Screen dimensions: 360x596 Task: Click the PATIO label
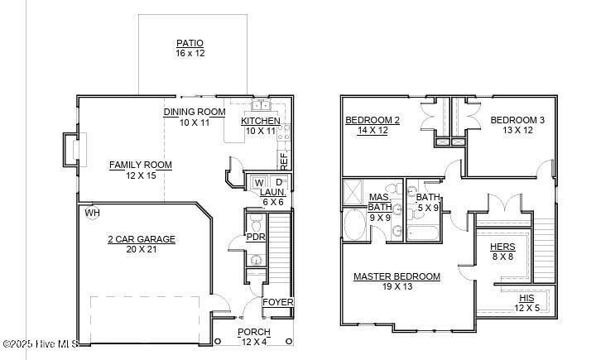pos(190,43)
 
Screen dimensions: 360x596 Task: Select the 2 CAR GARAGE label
pos(141,239)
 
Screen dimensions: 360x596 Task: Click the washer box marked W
pos(258,182)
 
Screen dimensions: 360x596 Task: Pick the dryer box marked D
pos(279,182)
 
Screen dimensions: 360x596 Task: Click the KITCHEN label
pos(261,121)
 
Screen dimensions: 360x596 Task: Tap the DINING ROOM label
pos(195,112)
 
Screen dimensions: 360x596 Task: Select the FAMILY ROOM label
pos(141,165)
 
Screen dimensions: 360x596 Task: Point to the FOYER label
pos(277,302)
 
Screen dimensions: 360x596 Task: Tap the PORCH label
pos(253,332)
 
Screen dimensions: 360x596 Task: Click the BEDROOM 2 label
pos(372,120)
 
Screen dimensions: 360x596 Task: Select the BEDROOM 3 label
pos(517,120)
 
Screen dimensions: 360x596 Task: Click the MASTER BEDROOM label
pos(397,276)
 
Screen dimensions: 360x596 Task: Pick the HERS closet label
pos(502,247)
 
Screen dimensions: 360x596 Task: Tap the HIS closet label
pos(526,298)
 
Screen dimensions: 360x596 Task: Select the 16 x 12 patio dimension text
pos(190,53)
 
